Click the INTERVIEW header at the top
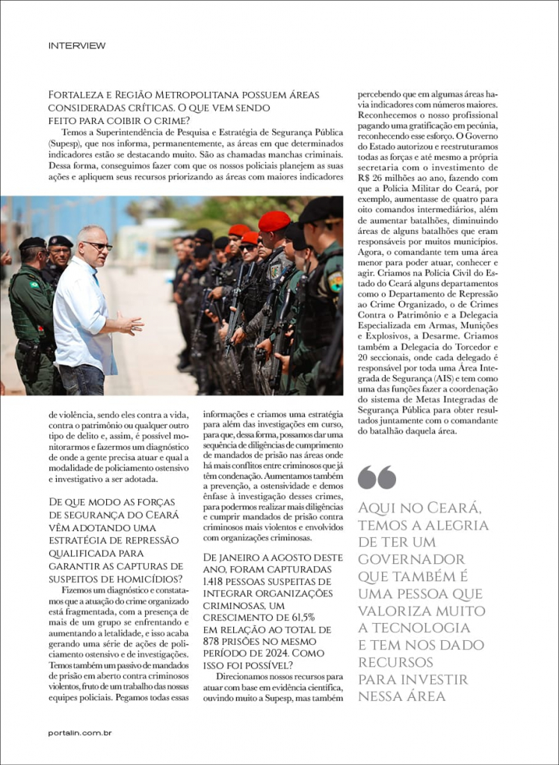click(x=77, y=46)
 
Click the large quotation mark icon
click(x=377, y=477)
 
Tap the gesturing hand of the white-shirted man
click(x=130, y=323)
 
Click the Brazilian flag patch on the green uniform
click(x=34, y=285)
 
